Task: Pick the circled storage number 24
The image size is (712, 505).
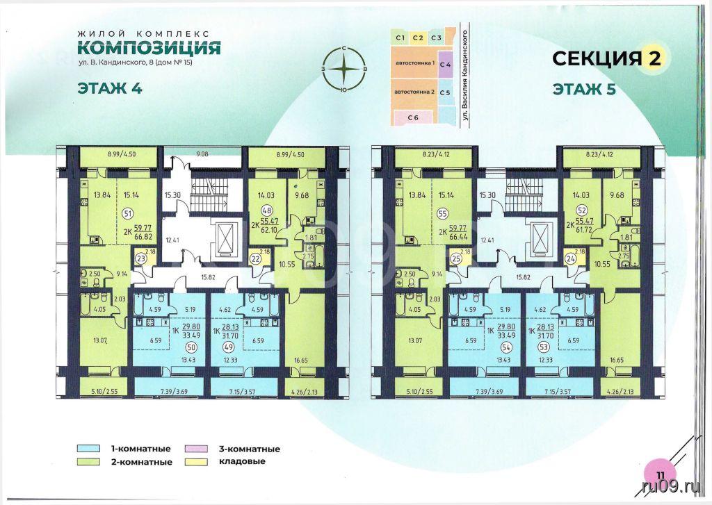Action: click(570, 260)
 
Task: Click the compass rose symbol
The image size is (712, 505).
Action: click(345, 69)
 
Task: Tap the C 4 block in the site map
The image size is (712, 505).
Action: click(446, 65)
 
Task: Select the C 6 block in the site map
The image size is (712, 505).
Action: click(413, 117)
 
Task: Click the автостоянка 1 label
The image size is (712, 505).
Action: click(416, 64)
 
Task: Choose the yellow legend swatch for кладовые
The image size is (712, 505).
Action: click(196, 462)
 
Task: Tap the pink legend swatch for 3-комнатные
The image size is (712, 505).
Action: click(196, 449)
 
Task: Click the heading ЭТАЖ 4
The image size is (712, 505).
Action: click(110, 88)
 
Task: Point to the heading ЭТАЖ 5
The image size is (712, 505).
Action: click(584, 89)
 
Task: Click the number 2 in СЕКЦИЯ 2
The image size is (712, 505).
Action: click(654, 58)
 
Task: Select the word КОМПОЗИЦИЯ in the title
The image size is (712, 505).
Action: click(149, 48)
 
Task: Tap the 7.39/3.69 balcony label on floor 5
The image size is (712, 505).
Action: click(484, 392)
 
